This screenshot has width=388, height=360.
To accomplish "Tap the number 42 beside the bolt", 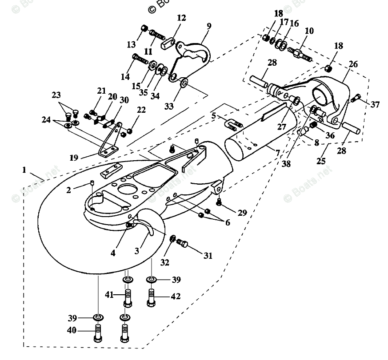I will point(176,296).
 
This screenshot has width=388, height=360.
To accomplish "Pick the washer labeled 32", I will point(172,240).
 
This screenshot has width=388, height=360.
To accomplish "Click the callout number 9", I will point(208,26).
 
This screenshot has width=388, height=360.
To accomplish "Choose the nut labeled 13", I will point(144,29).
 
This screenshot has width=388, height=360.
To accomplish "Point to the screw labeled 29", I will point(219,202).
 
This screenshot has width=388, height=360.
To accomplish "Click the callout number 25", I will point(320,162).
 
